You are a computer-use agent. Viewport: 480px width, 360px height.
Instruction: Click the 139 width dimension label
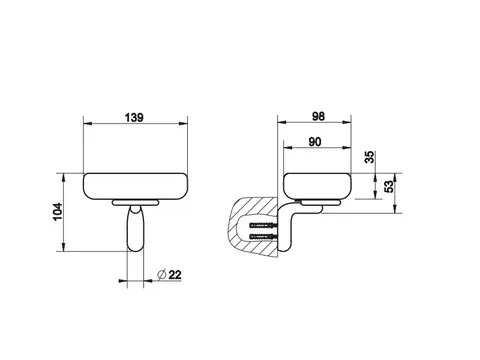(134, 118)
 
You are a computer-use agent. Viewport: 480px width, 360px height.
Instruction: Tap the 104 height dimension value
(58, 212)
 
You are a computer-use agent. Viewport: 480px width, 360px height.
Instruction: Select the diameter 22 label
(169, 275)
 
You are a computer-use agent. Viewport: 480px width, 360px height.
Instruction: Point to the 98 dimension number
(318, 116)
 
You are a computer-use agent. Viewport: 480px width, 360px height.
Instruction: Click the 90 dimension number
(315, 142)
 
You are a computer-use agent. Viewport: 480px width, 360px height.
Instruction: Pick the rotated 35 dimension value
(369, 157)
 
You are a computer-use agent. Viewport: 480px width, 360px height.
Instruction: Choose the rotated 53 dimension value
(389, 187)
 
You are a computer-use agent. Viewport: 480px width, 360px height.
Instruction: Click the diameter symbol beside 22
(162, 275)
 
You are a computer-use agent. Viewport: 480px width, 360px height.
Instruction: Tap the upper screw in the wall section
(263, 226)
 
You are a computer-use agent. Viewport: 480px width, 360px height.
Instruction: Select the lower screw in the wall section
(263, 237)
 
